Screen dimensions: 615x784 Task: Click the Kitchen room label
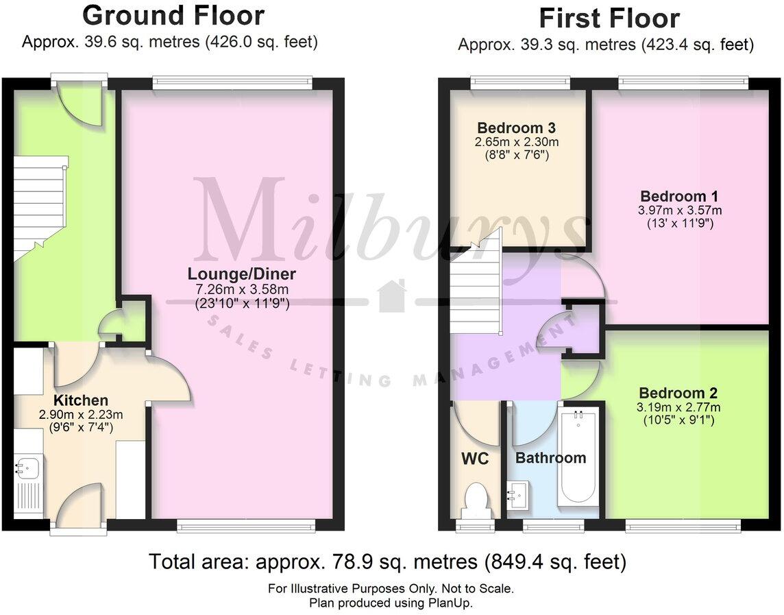(81, 400)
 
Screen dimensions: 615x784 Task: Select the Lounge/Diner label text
(242, 274)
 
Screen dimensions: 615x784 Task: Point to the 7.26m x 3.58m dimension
(242, 289)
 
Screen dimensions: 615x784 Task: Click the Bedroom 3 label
(516, 128)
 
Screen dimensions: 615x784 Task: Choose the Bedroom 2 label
(678, 393)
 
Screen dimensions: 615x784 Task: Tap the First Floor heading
(609, 18)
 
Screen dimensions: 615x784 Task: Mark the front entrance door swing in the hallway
(81, 103)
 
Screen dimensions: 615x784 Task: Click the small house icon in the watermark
(392, 296)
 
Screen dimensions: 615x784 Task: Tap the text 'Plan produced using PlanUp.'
(391, 603)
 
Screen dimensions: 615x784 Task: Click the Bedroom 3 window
(520, 83)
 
